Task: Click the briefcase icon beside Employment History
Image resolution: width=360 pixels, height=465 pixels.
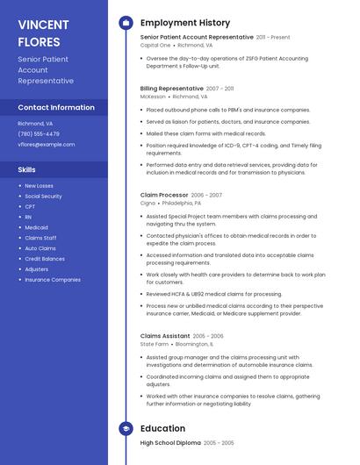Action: [126, 22]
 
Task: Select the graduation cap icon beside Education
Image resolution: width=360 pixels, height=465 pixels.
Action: [126, 428]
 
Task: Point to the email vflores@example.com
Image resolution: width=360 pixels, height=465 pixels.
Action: [47, 144]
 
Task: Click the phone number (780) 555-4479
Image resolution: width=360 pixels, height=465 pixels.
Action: [39, 134]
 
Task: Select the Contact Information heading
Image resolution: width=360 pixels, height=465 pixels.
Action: [56, 107]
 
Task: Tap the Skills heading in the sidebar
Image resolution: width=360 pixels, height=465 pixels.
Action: [27, 168]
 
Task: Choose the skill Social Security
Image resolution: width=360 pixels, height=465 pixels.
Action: [43, 196]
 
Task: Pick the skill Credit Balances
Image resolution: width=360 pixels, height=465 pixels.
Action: [45, 259]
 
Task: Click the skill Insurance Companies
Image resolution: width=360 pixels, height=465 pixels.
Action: [53, 280]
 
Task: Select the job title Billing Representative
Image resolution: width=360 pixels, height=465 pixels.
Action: [171, 89]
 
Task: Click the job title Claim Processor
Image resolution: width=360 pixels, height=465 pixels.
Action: [163, 195]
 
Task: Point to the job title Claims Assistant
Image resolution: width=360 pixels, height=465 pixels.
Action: [164, 336]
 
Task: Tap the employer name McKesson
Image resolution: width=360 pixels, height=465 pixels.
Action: [153, 97]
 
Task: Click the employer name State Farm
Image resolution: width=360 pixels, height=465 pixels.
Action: [154, 344]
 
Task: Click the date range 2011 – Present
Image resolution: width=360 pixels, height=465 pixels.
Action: [273, 37]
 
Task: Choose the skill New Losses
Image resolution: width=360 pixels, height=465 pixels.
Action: [39, 185]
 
